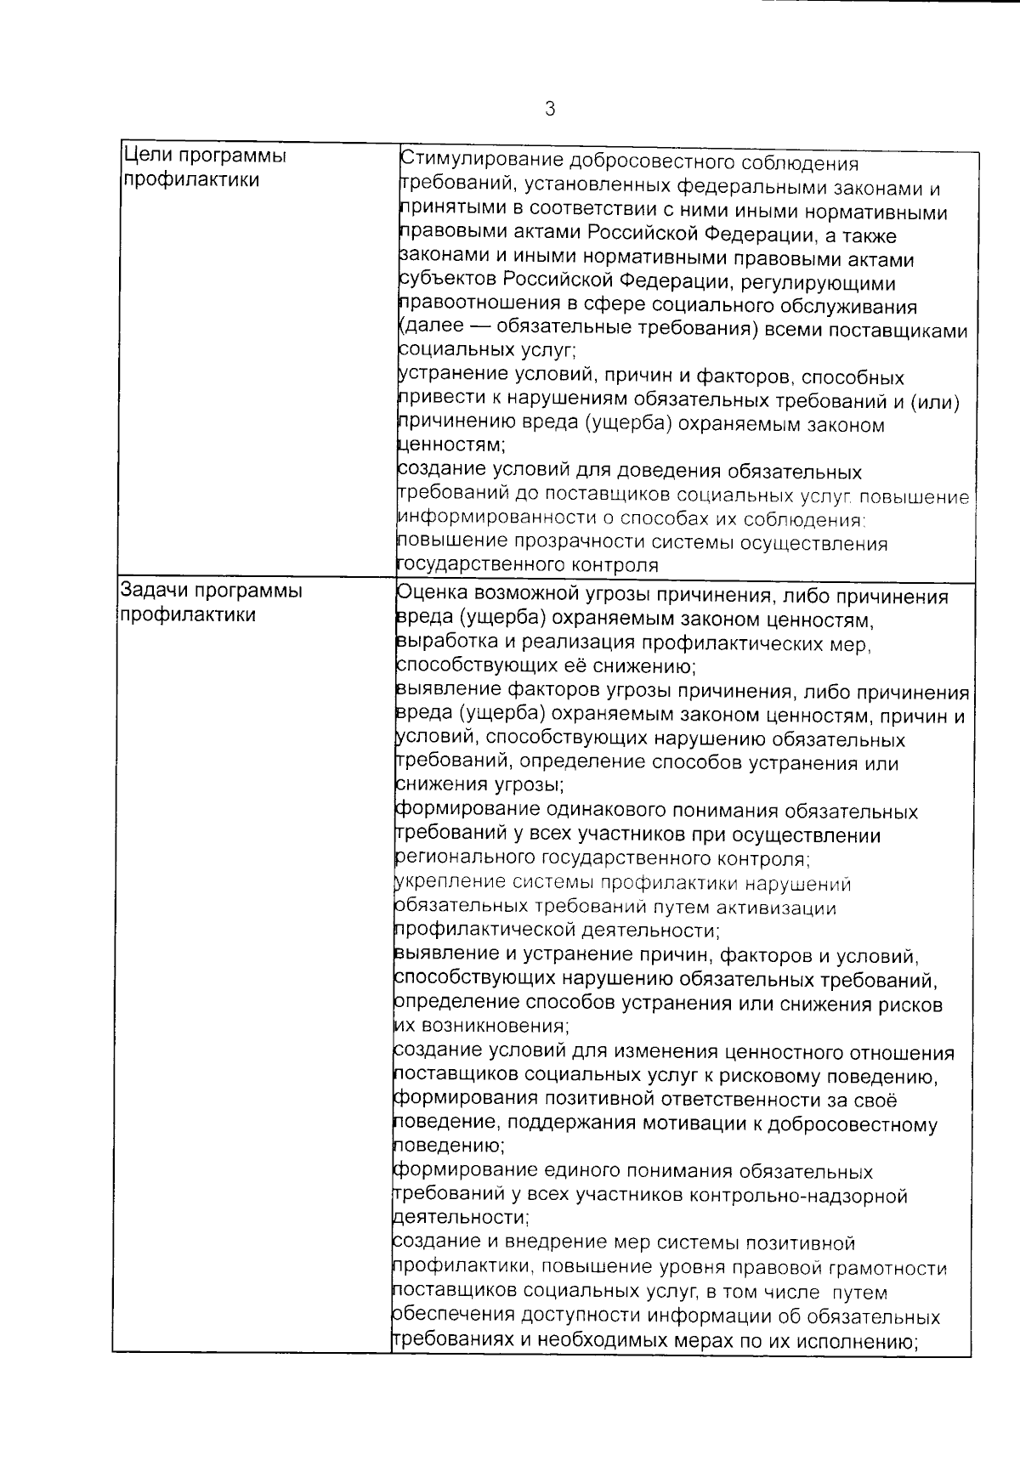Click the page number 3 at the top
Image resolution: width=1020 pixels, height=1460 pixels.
click(550, 110)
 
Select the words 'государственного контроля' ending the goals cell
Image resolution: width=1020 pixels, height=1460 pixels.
click(528, 565)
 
